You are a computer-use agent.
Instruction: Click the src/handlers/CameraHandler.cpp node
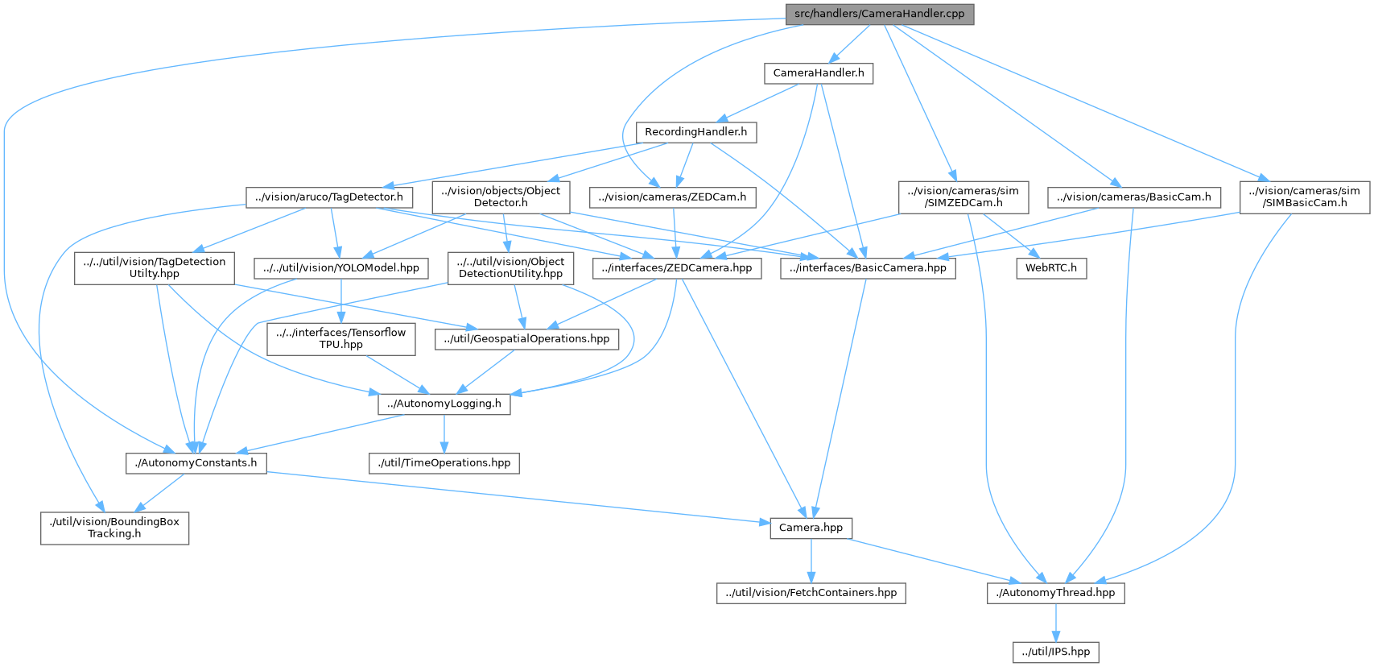tap(879, 14)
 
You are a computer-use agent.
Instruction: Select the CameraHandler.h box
tap(818, 73)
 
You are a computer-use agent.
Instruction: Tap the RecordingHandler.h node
tap(695, 131)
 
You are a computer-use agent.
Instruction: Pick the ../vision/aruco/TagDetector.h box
tap(328, 197)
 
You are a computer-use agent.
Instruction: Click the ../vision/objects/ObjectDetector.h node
tap(501, 197)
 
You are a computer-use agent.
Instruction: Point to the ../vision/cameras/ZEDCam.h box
tap(672, 197)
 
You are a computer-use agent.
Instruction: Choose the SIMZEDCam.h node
tap(963, 197)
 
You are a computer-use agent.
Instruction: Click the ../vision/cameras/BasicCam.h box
tap(1133, 197)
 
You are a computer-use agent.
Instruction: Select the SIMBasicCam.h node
tap(1305, 197)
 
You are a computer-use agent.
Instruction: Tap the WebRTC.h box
tap(1050, 268)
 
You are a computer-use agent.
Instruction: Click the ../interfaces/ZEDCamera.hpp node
tap(676, 268)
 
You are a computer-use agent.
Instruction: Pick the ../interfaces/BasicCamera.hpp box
tap(869, 268)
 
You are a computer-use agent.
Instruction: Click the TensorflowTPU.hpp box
tap(341, 338)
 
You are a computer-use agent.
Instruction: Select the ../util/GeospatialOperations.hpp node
tap(527, 339)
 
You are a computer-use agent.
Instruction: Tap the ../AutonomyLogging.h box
tap(444, 404)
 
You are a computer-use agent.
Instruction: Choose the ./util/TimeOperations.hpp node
tap(444, 463)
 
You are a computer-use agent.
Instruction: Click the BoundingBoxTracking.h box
tap(114, 528)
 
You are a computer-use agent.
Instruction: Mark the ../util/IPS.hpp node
tap(1055, 652)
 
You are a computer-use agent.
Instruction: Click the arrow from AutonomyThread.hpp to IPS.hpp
tap(1055, 623)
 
